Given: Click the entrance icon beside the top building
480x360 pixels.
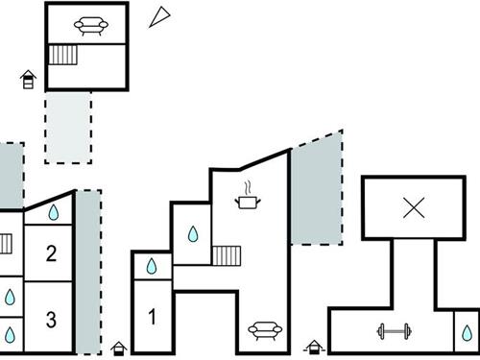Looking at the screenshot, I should (x=29, y=79).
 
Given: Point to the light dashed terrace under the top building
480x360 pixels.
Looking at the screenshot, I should (x=67, y=125).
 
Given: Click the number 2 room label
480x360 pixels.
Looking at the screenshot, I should (x=52, y=254).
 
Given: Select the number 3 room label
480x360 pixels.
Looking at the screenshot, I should (x=52, y=318).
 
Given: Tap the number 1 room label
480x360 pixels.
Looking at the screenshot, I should (x=152, y=313).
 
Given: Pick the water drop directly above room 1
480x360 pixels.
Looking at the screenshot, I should (x=152, y=266).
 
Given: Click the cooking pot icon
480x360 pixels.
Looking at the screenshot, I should (x=249, y=199).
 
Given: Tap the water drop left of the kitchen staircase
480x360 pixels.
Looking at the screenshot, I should (x=193, y=233).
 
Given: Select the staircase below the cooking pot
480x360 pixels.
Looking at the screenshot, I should (x=225, y=255).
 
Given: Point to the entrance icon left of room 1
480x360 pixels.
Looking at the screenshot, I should (x=118, y=348).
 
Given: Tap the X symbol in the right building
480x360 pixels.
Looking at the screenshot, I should (x=414, y=206).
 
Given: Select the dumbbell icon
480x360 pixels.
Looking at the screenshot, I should (x=392, y=332).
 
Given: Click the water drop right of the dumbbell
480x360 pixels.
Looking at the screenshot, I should (x=466, y=332).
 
